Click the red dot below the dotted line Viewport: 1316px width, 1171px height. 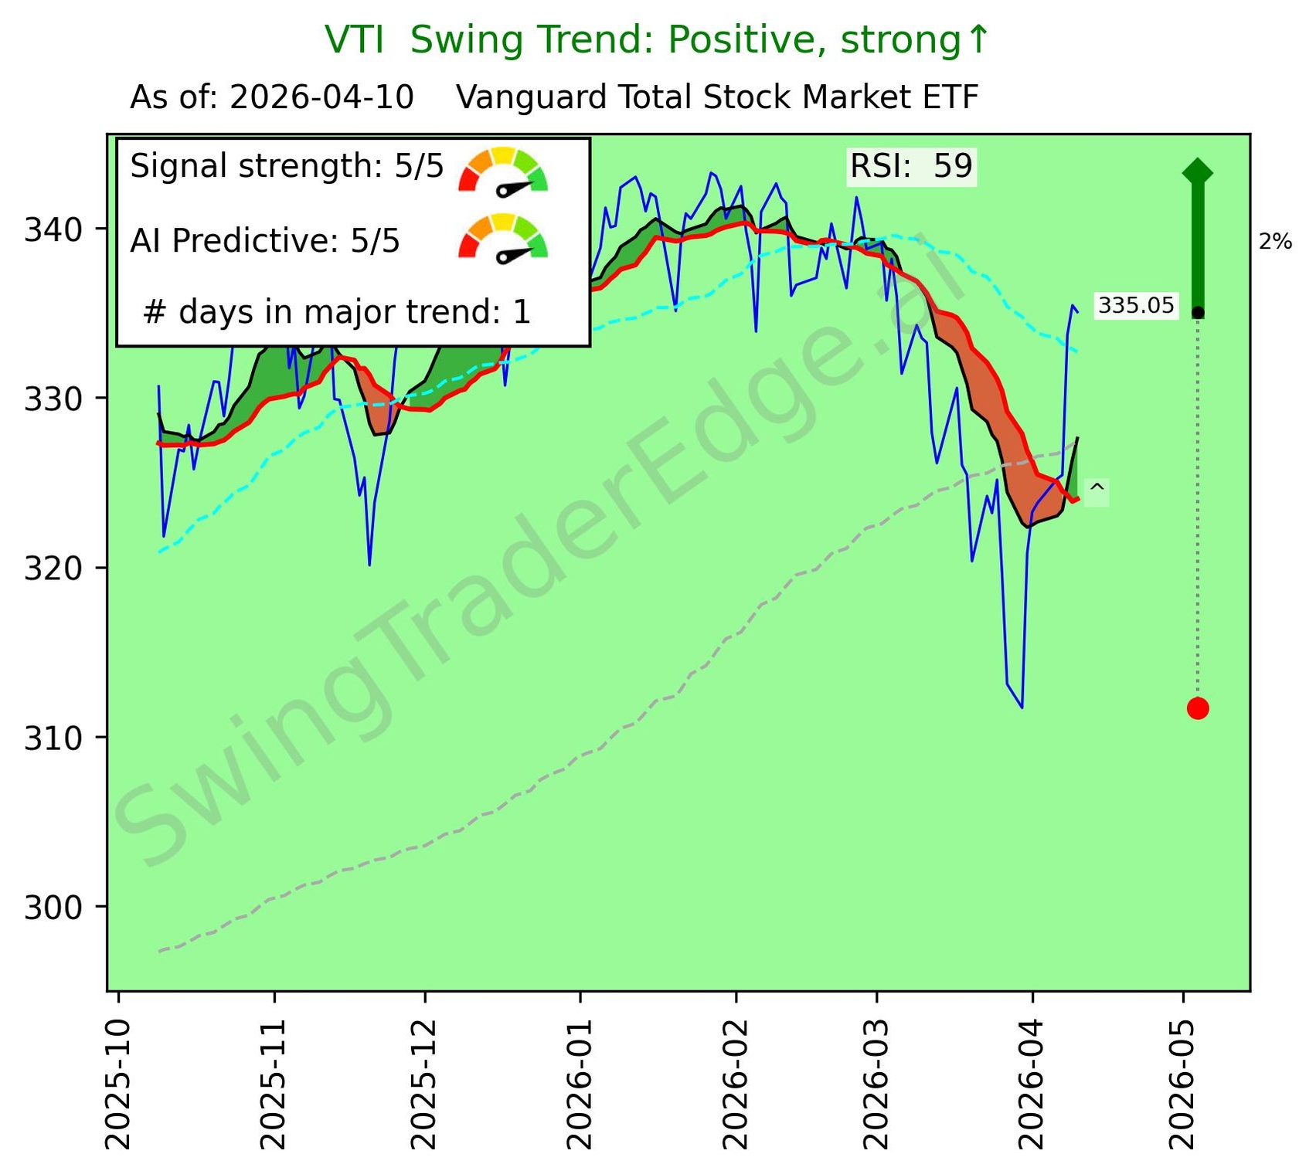tap(1197, 708)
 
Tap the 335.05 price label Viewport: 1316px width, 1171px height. tap(1135, 306)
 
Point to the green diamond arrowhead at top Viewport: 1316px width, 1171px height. tap(1197, 171)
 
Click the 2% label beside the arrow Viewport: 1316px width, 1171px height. tap(1275, 243)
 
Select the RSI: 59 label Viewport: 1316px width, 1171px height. tap(911, 166)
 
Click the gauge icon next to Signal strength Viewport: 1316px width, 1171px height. tap(503, 169)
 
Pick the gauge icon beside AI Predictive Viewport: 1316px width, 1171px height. tap(503, 236)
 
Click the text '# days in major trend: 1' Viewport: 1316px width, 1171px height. tap(337, 312)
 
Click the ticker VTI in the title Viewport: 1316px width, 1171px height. tap(354, 40)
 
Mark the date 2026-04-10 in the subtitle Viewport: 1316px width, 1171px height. tap(321, 98)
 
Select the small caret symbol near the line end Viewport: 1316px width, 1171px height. tap(1097, 490)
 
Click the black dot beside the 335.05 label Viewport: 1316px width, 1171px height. tap(1197, 312)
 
